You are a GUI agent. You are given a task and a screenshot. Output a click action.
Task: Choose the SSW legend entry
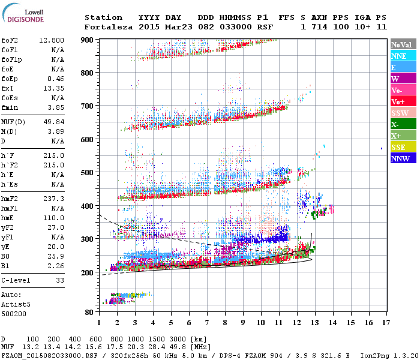pos(400,113)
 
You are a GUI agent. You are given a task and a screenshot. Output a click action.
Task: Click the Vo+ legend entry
pos(400,101)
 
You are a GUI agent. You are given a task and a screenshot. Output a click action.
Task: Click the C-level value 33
pos(60,280)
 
